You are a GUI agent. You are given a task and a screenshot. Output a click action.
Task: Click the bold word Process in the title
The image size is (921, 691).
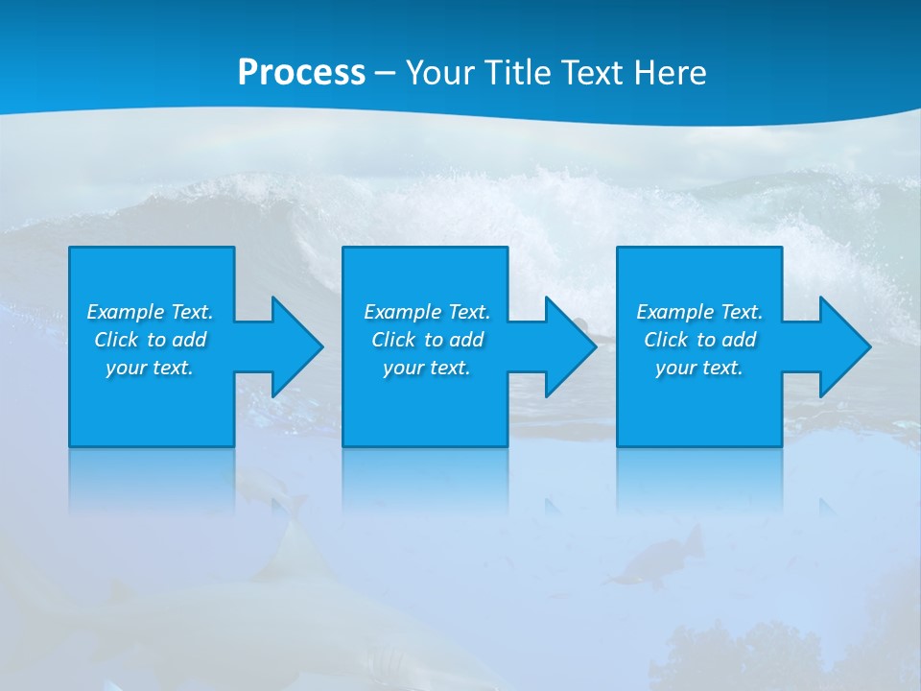point(301,73)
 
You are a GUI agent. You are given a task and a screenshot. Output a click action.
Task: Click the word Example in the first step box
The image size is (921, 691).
point(126,312)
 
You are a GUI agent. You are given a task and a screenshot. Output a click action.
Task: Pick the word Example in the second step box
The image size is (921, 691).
point(403,312)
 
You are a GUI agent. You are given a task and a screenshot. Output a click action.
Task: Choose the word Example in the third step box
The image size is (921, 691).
point(675,312)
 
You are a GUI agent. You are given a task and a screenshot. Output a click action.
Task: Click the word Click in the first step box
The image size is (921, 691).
point(116,340)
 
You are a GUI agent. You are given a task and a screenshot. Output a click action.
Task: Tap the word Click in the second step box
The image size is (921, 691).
point(393,340)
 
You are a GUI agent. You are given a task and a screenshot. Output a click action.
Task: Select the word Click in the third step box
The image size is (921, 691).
point(666,340)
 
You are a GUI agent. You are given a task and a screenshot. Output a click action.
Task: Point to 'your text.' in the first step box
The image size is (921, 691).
point(150,368)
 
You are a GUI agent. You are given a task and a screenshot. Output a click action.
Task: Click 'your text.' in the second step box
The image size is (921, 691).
point(427,368)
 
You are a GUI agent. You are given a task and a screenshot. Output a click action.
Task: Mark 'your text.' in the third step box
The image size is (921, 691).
point(699,368)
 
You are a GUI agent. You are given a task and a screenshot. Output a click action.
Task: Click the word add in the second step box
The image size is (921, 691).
point(466,340)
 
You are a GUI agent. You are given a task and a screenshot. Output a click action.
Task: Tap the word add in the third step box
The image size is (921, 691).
point(739,340)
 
